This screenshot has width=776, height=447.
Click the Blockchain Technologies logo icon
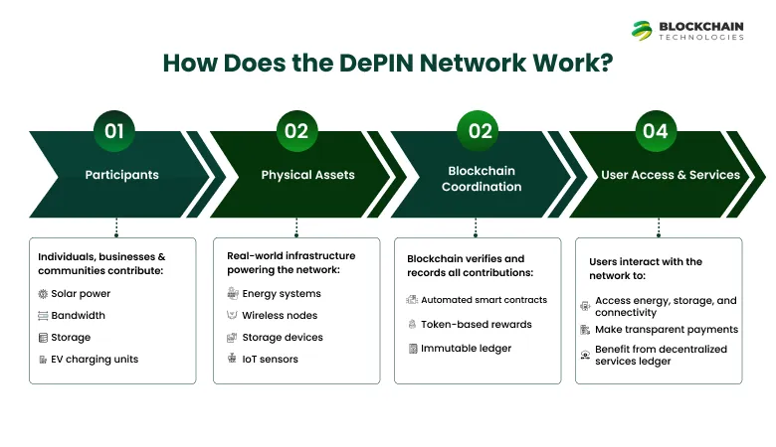tap(643, 31)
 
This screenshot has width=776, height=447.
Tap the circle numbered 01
tap(116, 131)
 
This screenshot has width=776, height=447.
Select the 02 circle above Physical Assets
tap(296, 131)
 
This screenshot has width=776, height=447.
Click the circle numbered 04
tap(655, 131)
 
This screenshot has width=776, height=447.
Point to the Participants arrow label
tap(121, 175)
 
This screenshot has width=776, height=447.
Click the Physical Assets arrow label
tap(307, 175)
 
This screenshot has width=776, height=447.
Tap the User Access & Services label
tap(671, 175)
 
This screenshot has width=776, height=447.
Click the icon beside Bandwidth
tap(43, 316)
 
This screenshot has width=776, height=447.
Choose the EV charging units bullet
tap(95, 359)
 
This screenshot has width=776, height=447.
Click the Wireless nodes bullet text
tap(278, 316)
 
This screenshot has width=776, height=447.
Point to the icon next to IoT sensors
tap(232, 359)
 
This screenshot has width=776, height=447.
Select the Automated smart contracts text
tap(484, 299)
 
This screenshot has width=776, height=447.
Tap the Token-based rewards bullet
tap(476, 324)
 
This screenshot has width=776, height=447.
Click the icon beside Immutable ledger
tap(412, 349)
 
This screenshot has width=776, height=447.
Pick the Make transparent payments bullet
tap(666, 329)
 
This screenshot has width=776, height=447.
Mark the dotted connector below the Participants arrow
tap(116, 227)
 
